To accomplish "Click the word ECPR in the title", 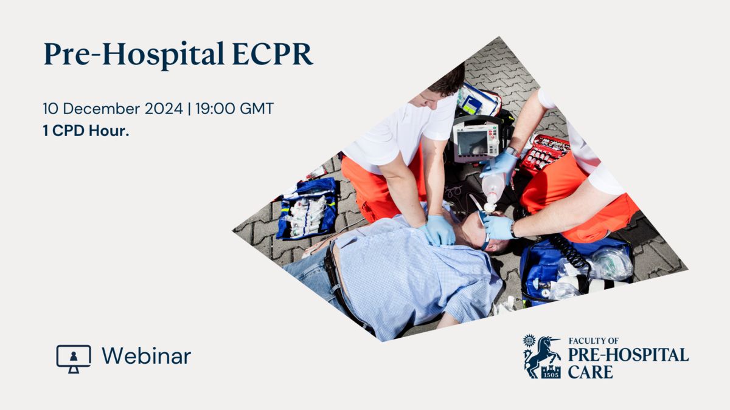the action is pos(273,53).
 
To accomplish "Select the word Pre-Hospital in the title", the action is pos(134,55).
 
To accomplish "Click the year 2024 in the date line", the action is pos(164,108).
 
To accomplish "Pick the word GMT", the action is pos(257,108).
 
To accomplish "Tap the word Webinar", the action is pos(147,356).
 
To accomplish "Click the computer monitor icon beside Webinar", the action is pos(74,359).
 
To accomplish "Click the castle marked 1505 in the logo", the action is pos(551,372).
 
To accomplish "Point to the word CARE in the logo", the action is pos(590,372).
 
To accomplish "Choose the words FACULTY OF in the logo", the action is pos(594,341).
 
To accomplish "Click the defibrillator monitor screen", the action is pos(472,144).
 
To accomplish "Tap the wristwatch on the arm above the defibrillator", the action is pos(512,152).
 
